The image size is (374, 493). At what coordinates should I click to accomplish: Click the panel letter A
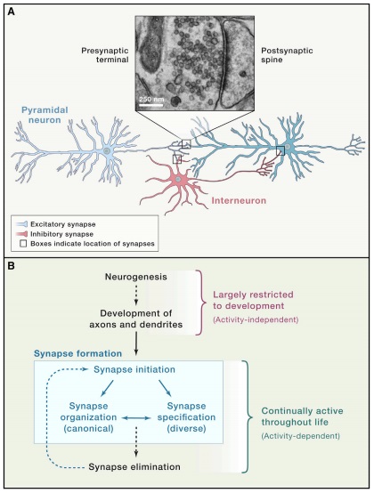(11, 12)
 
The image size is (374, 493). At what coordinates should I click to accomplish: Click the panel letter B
(11, 266)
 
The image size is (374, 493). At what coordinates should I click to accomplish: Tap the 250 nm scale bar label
(151, 99)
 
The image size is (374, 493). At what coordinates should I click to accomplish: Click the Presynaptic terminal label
(105, 55)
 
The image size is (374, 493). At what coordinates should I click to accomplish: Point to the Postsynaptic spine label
(287, 55)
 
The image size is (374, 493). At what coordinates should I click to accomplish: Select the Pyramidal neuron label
(44, 115)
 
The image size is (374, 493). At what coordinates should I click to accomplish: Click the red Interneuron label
(239, 200)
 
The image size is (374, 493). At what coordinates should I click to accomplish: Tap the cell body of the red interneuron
(178, 179)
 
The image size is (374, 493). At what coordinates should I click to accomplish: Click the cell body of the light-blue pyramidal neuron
(107, 151)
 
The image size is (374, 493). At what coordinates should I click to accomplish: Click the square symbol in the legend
(23, 244)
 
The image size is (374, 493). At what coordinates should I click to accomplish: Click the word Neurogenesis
(136, 277)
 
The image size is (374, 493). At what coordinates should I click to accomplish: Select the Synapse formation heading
(77, 353)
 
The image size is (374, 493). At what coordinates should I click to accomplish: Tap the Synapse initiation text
(134, 369)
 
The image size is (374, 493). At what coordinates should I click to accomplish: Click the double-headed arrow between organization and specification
(136, 418)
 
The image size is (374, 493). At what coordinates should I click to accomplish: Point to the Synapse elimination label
(134, 467)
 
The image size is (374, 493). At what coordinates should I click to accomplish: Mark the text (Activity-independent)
(256, 319)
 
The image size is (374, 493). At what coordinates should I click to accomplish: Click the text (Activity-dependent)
(300, 436)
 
